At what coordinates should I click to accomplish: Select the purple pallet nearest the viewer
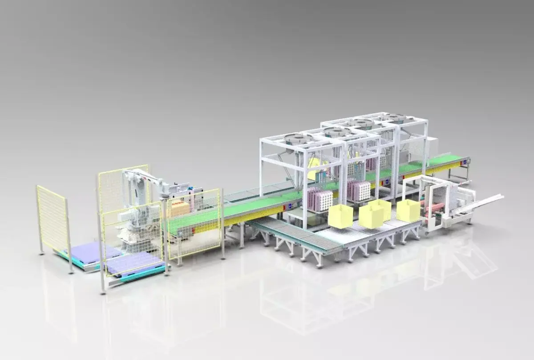(x=133, y=263)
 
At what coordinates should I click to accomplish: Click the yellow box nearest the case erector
(x=408, y=210)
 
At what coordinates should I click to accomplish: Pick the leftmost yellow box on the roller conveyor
(x=340, y=217)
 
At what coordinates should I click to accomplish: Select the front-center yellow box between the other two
(x=372, y=216)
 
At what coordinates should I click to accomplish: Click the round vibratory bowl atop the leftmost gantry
(x=298, y=139)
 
